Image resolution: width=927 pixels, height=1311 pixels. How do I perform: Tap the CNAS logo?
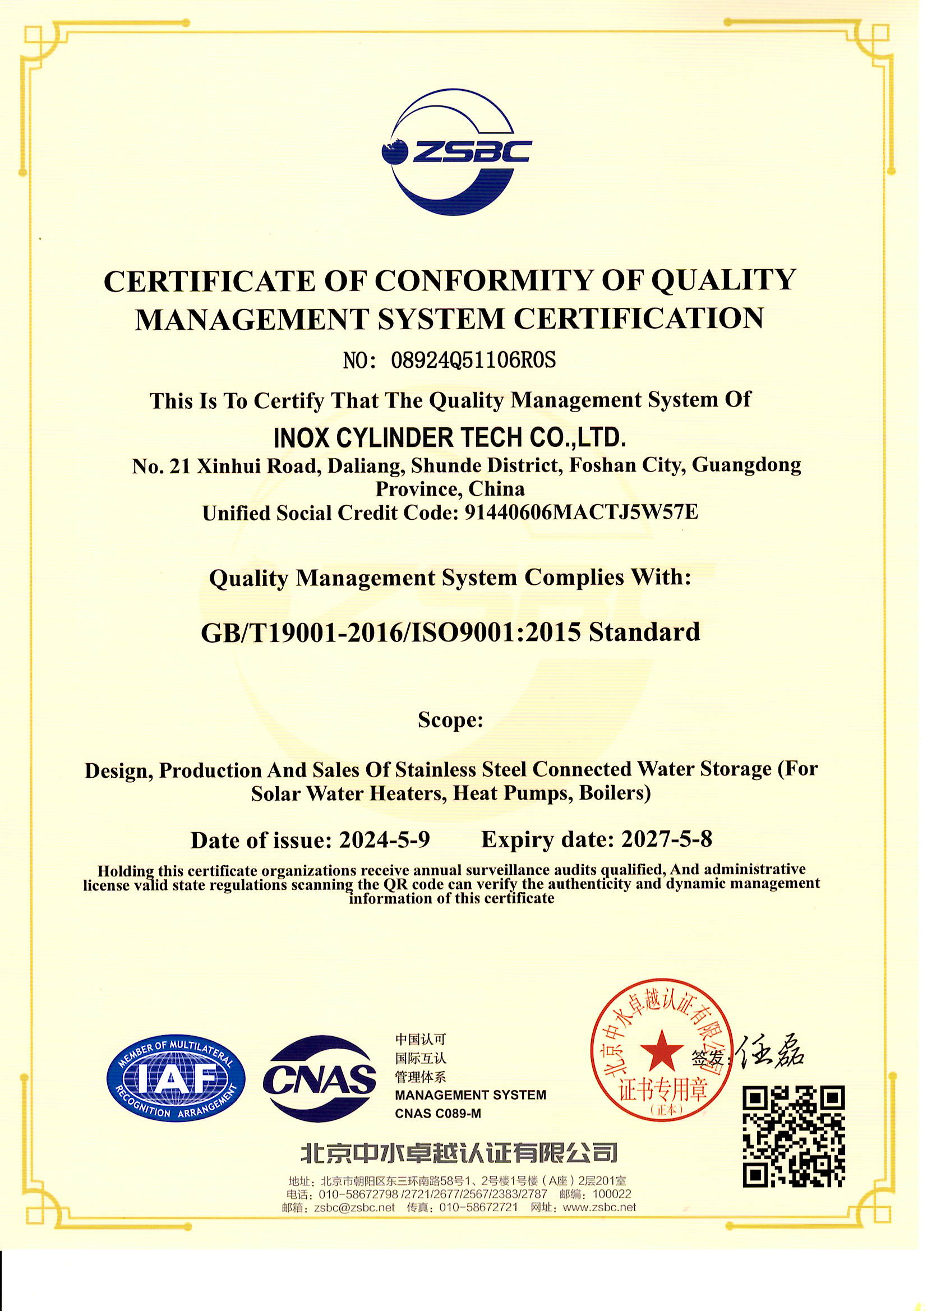(320, 1079)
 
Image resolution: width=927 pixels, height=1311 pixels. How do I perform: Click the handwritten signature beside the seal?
(771, 1051)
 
